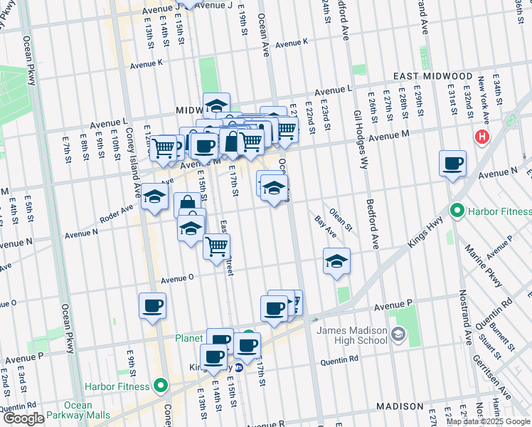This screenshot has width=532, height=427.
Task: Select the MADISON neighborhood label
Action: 400,406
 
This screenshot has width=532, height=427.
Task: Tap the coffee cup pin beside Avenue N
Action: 452,164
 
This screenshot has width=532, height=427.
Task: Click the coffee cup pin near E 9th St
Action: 152,305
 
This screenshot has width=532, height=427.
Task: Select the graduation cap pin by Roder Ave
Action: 154,196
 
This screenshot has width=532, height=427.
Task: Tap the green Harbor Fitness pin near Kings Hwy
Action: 457,211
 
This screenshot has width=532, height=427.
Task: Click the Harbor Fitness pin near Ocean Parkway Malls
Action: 161,386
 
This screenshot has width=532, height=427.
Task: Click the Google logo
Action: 23,418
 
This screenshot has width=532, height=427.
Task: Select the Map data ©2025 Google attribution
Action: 488,421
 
